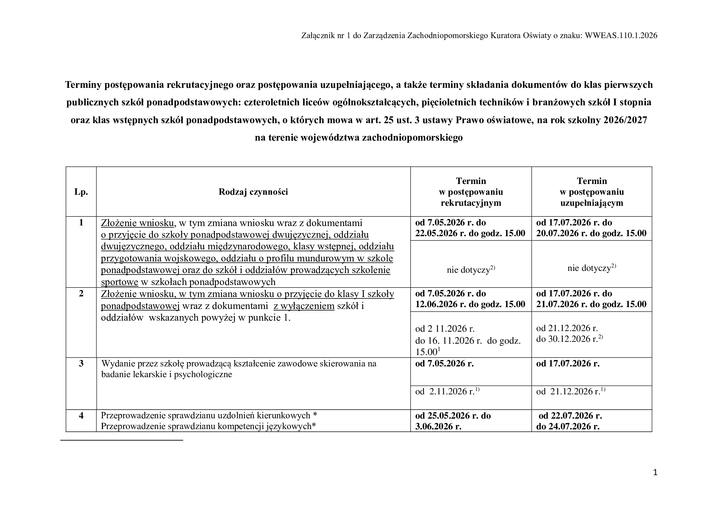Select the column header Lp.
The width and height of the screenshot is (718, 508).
pyautogui.click(x=81, y=192)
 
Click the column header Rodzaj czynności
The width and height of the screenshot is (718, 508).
pyautogui.click(x=253, y=192)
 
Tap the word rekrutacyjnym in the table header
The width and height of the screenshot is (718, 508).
pyautogui.click(x=471, y=203)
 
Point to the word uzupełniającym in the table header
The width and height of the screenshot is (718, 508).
pyautogui.click(x=592, y=203)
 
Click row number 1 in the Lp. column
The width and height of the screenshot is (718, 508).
pyautogui.click(x=81, y=223)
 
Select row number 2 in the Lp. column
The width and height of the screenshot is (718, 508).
pyautogui.click(x=81, y=293)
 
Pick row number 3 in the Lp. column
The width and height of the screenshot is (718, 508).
pyautogui.click(x=81, y=363)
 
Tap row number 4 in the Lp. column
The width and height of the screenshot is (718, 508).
pyautogui.click(x=81, y=416)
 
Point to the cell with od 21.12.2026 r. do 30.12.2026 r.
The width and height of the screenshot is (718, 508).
pyautogui.click(x=569, y=334)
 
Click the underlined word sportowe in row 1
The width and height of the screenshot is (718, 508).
pyautogui.click(x=119, y=282)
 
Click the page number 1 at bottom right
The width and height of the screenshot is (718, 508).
pyautogui.click(x=655, y=473)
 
